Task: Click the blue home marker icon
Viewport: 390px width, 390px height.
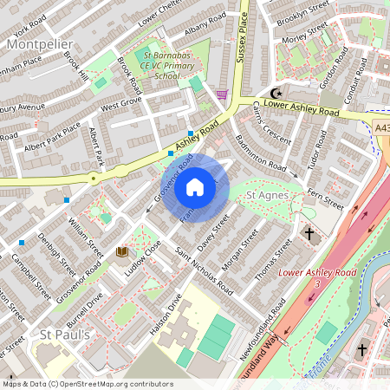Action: tap(196, 186)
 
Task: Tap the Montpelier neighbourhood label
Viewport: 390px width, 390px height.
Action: tap(40, 42)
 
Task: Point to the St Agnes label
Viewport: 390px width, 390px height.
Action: tap(268, 196)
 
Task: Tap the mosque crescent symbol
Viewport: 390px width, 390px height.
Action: tap(277, 93)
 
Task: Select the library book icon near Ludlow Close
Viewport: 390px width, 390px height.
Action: tap(121, 252)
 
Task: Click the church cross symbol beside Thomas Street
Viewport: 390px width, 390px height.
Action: tap(309, 233)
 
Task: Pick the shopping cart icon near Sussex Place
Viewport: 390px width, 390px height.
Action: tap(223, 94)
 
